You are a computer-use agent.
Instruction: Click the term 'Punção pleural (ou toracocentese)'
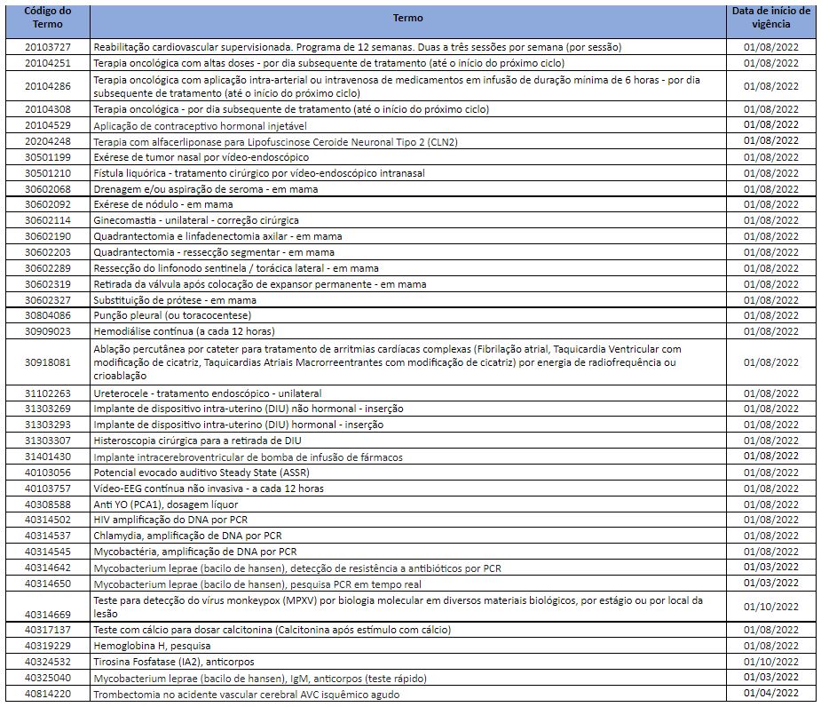[172, 315]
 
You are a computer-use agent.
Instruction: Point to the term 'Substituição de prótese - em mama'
[174, 300]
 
